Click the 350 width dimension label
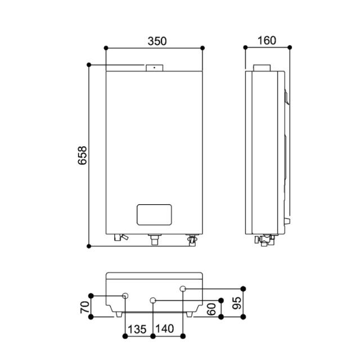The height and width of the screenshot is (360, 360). pos(157,41)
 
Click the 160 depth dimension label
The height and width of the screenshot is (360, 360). pos(267,40)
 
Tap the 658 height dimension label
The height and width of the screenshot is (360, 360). pos(83,155)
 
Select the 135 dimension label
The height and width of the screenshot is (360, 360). pos(137,329)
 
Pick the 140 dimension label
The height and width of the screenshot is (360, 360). pos(165,328)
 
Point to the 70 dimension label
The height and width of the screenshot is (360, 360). pos(85,307)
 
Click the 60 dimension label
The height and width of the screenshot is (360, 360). pos(211,309)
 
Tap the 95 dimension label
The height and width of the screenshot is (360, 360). pos(237,303)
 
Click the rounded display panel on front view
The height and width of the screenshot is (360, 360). pos(154,215)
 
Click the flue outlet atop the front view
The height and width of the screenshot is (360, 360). pos(155,68)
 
